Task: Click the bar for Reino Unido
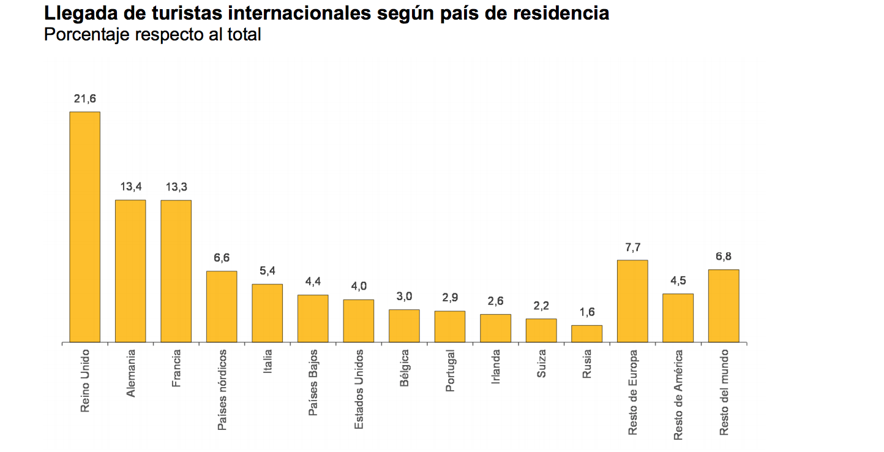(84, 227)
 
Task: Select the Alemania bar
(130, 271)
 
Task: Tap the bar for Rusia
(586, 333)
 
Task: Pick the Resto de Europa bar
(632, 301)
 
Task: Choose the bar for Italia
(267, 313)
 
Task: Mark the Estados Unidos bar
(358, 320)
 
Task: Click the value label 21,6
(84, 99)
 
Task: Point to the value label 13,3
(176, 187)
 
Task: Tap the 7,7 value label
(632, 247)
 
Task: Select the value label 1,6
(586, 312)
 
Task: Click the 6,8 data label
(724, 257)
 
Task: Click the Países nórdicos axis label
(222, 390)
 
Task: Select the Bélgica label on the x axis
(405, 367)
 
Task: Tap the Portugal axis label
(451, 370)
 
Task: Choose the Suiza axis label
(541, 363)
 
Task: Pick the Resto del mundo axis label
(724, 393)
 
